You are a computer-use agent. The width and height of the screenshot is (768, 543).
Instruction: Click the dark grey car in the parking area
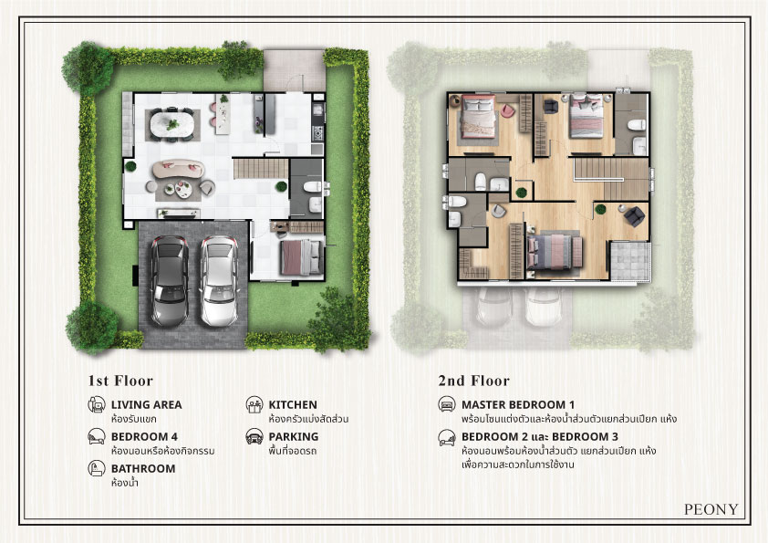coord(170,281)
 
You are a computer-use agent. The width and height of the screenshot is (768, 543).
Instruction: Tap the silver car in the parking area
coord(219,281)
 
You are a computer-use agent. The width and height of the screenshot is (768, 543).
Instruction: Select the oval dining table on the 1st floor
coord(171,125)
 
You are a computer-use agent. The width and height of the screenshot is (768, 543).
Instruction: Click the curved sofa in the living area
coord(178,169)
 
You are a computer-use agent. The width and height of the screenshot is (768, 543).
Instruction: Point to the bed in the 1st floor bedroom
coord(302,256)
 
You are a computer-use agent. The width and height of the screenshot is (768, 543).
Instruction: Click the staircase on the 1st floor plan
coord(261,168)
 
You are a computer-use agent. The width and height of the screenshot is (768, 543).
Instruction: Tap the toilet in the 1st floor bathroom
coord(312,187)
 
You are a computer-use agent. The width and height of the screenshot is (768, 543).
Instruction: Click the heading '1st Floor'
coord(120,381)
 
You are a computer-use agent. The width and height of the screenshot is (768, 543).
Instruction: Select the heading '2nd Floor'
coord(473,381)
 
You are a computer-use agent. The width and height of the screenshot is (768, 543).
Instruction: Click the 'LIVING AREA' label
coord(147,405)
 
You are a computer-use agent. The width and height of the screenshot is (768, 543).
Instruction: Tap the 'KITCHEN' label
coord(293,405)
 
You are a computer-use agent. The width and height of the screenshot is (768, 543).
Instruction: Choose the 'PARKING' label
coord(294,436)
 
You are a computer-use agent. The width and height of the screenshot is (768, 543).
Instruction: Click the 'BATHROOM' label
coord(143,468)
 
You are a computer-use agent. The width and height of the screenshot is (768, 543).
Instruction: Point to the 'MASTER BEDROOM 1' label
coord(518,405)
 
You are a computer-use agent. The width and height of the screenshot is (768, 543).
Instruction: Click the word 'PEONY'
coord(711,509)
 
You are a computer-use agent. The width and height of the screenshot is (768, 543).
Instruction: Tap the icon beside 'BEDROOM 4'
coord(97,436)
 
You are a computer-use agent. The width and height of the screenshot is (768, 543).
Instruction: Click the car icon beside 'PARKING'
coord(254,436)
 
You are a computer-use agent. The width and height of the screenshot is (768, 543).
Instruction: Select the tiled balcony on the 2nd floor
coord(630,260)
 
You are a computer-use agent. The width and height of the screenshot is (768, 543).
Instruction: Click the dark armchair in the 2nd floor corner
coord(634,215)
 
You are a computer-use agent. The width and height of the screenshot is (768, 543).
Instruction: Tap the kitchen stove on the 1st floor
coord(318,133)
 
